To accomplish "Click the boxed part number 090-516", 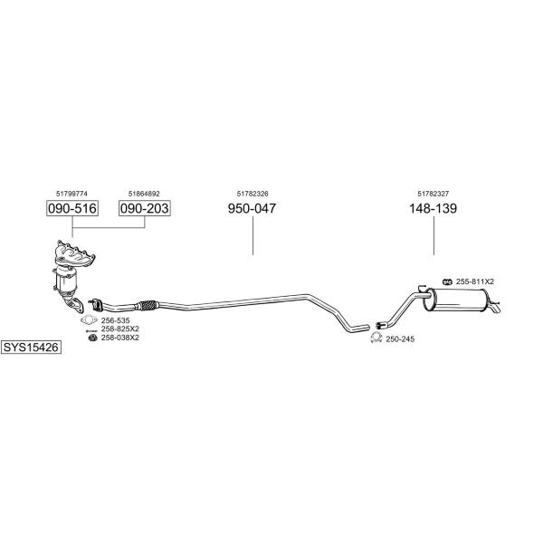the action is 72,208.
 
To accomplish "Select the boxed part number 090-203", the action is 145,208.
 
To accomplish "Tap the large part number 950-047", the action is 252,208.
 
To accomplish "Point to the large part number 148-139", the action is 433,208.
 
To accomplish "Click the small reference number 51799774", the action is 71,194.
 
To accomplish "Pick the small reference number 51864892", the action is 144,194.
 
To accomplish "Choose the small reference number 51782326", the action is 252,194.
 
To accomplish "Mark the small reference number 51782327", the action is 433,194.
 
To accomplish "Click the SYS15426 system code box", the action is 31,347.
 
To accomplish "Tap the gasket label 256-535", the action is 115,320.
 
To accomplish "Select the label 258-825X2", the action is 119,329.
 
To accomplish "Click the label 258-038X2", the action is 119,338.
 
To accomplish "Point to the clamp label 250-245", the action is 400,339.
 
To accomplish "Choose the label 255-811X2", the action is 475,281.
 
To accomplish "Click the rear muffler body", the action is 456,300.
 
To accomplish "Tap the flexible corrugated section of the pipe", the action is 148,305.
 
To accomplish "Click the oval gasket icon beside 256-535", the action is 89,320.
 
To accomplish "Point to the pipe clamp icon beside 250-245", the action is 376,338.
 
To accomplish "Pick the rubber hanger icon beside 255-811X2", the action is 447,281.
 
